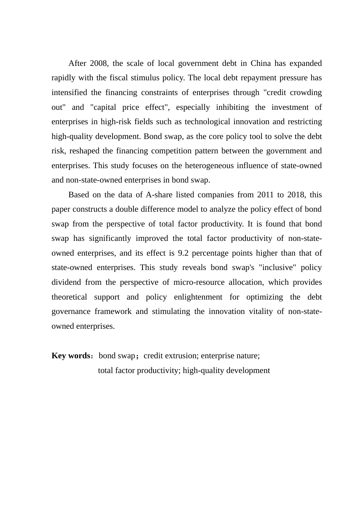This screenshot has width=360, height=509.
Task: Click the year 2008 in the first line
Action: (99, 63)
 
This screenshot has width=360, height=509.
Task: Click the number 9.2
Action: (184, 253)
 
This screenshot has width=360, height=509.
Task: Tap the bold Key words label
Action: (70, 356)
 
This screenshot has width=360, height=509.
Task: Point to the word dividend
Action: (66, 283)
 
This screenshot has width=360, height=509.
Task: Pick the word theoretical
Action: (69, 297)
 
